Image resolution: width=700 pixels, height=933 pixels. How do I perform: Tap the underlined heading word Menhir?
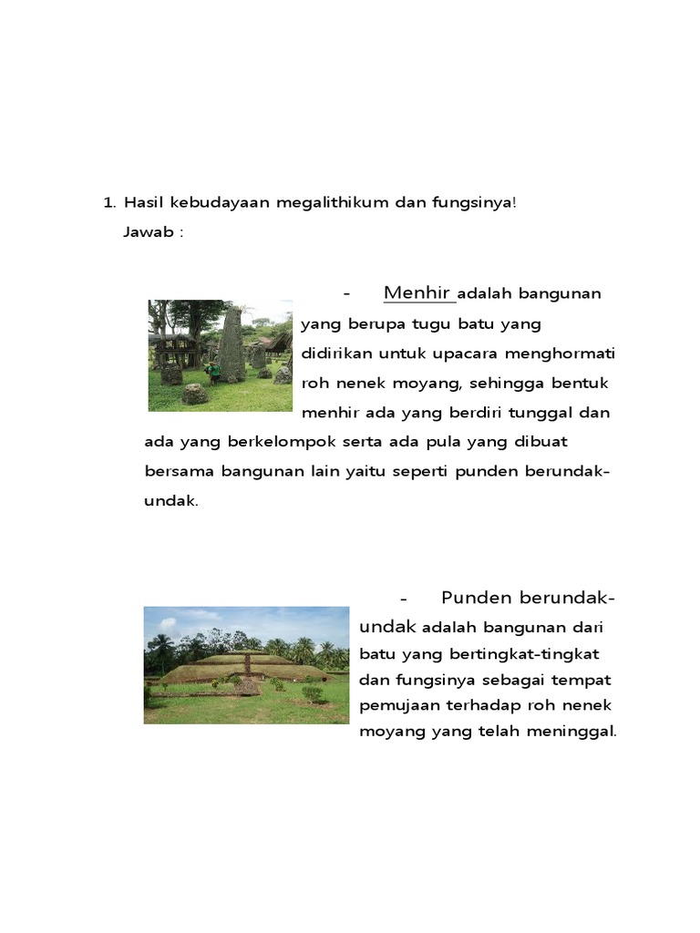(418, 292)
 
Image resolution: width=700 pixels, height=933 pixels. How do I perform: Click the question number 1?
(109, 202)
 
